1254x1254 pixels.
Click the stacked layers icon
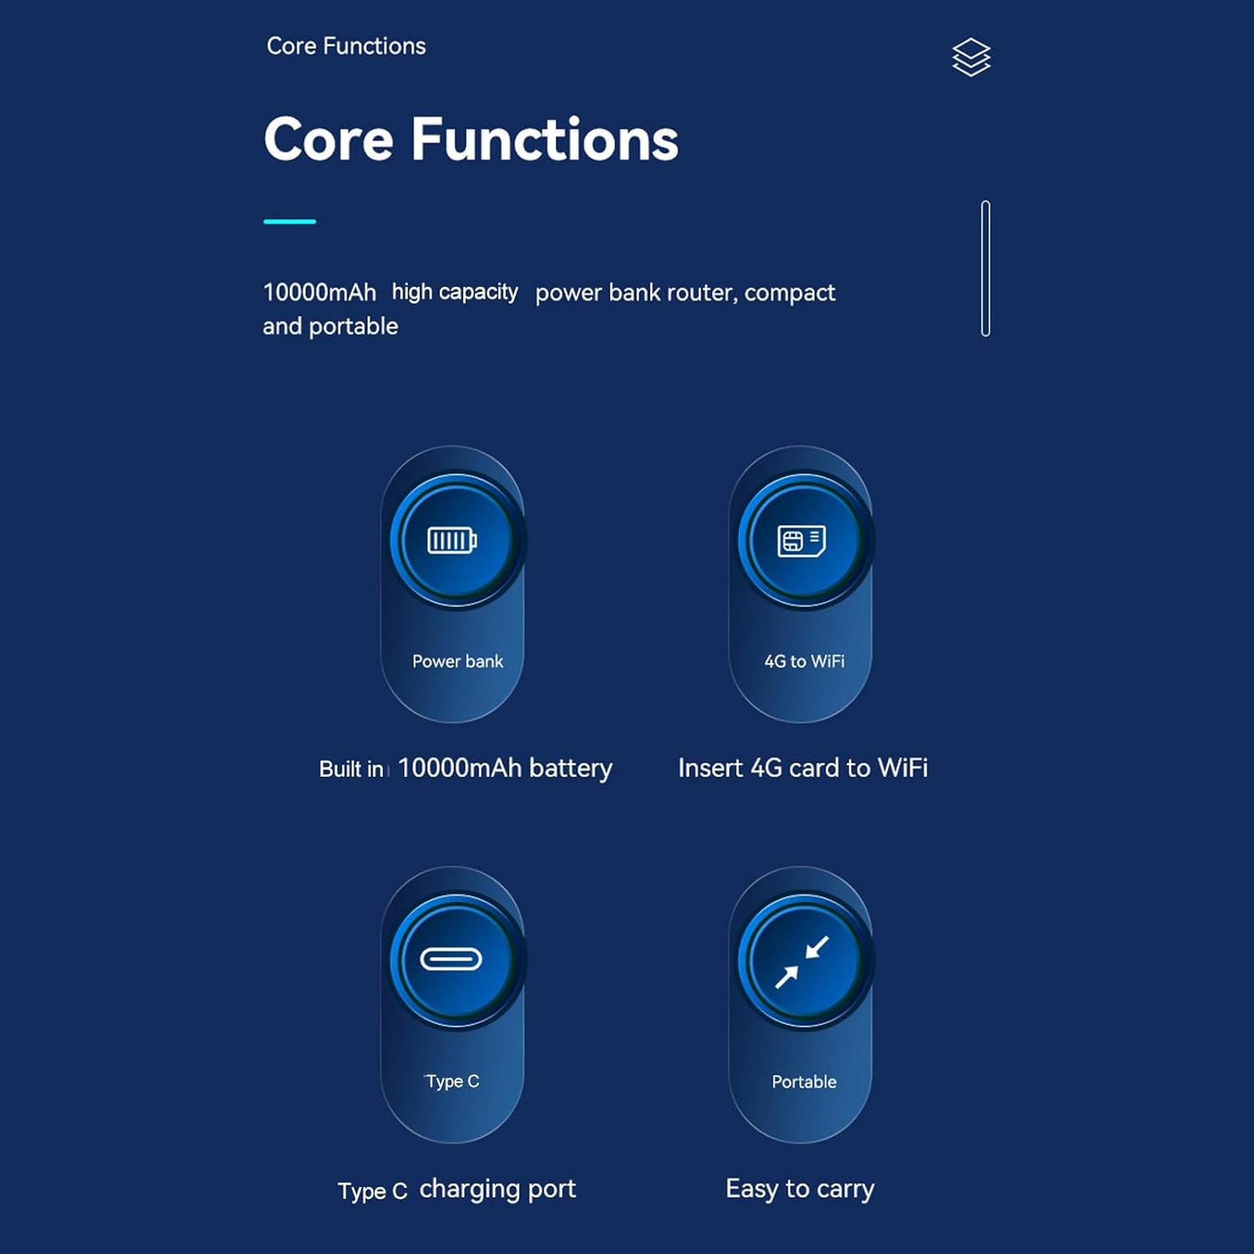[971, 58]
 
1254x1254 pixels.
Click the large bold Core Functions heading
[471, 139]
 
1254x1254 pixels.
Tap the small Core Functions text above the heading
[346, 46]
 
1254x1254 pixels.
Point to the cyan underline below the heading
[289, 222]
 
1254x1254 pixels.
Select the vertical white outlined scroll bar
[986, 268]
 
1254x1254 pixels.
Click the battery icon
[452, 541]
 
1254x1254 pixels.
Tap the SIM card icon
[802, 541]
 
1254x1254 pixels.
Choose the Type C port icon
[451, 959]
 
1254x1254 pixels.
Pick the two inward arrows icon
[802, 961]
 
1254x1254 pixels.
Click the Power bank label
[457, 661]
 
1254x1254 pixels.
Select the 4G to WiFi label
[804, 661]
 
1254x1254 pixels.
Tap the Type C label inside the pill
[452, 1082]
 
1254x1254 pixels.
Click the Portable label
[804, 1082]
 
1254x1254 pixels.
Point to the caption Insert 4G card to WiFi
[803, 767]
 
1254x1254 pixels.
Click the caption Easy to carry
[800, 1189]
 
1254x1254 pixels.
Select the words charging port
[497, 1189]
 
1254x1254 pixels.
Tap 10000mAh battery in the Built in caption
[505, 767]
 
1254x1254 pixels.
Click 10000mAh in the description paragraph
[319, 293]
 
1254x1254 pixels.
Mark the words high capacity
[455, 293]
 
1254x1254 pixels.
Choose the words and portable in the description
[330, 326]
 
